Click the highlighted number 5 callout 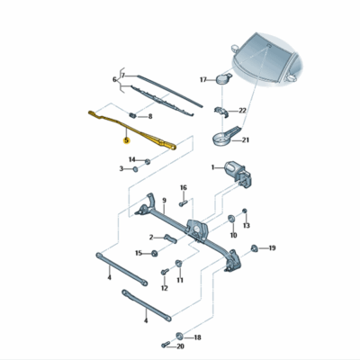[x=127, y=140]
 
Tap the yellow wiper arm [x=132, y=129]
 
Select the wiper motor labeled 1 [x=238, y=174]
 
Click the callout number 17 [x=203, y=80]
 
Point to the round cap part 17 [x=223, y=78]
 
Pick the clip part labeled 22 [x=221, y=112]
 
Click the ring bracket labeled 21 [x=226, y=137]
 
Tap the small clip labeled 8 [x=132, y=114]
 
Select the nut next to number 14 [x=148, y=161]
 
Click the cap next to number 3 [x=135, y=169]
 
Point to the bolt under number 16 [x=183, y=203]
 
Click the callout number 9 [x=164, y=201]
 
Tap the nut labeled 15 [x=155, y=253]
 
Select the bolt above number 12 [x=165, y=272]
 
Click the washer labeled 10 [x=232, y=219]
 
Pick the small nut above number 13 [x=245, y=211]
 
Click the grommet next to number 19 [x=254, y=248]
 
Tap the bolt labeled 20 [x=166, y=345]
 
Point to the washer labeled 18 [x=180, y=336]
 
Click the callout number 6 [x=114, y=80]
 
